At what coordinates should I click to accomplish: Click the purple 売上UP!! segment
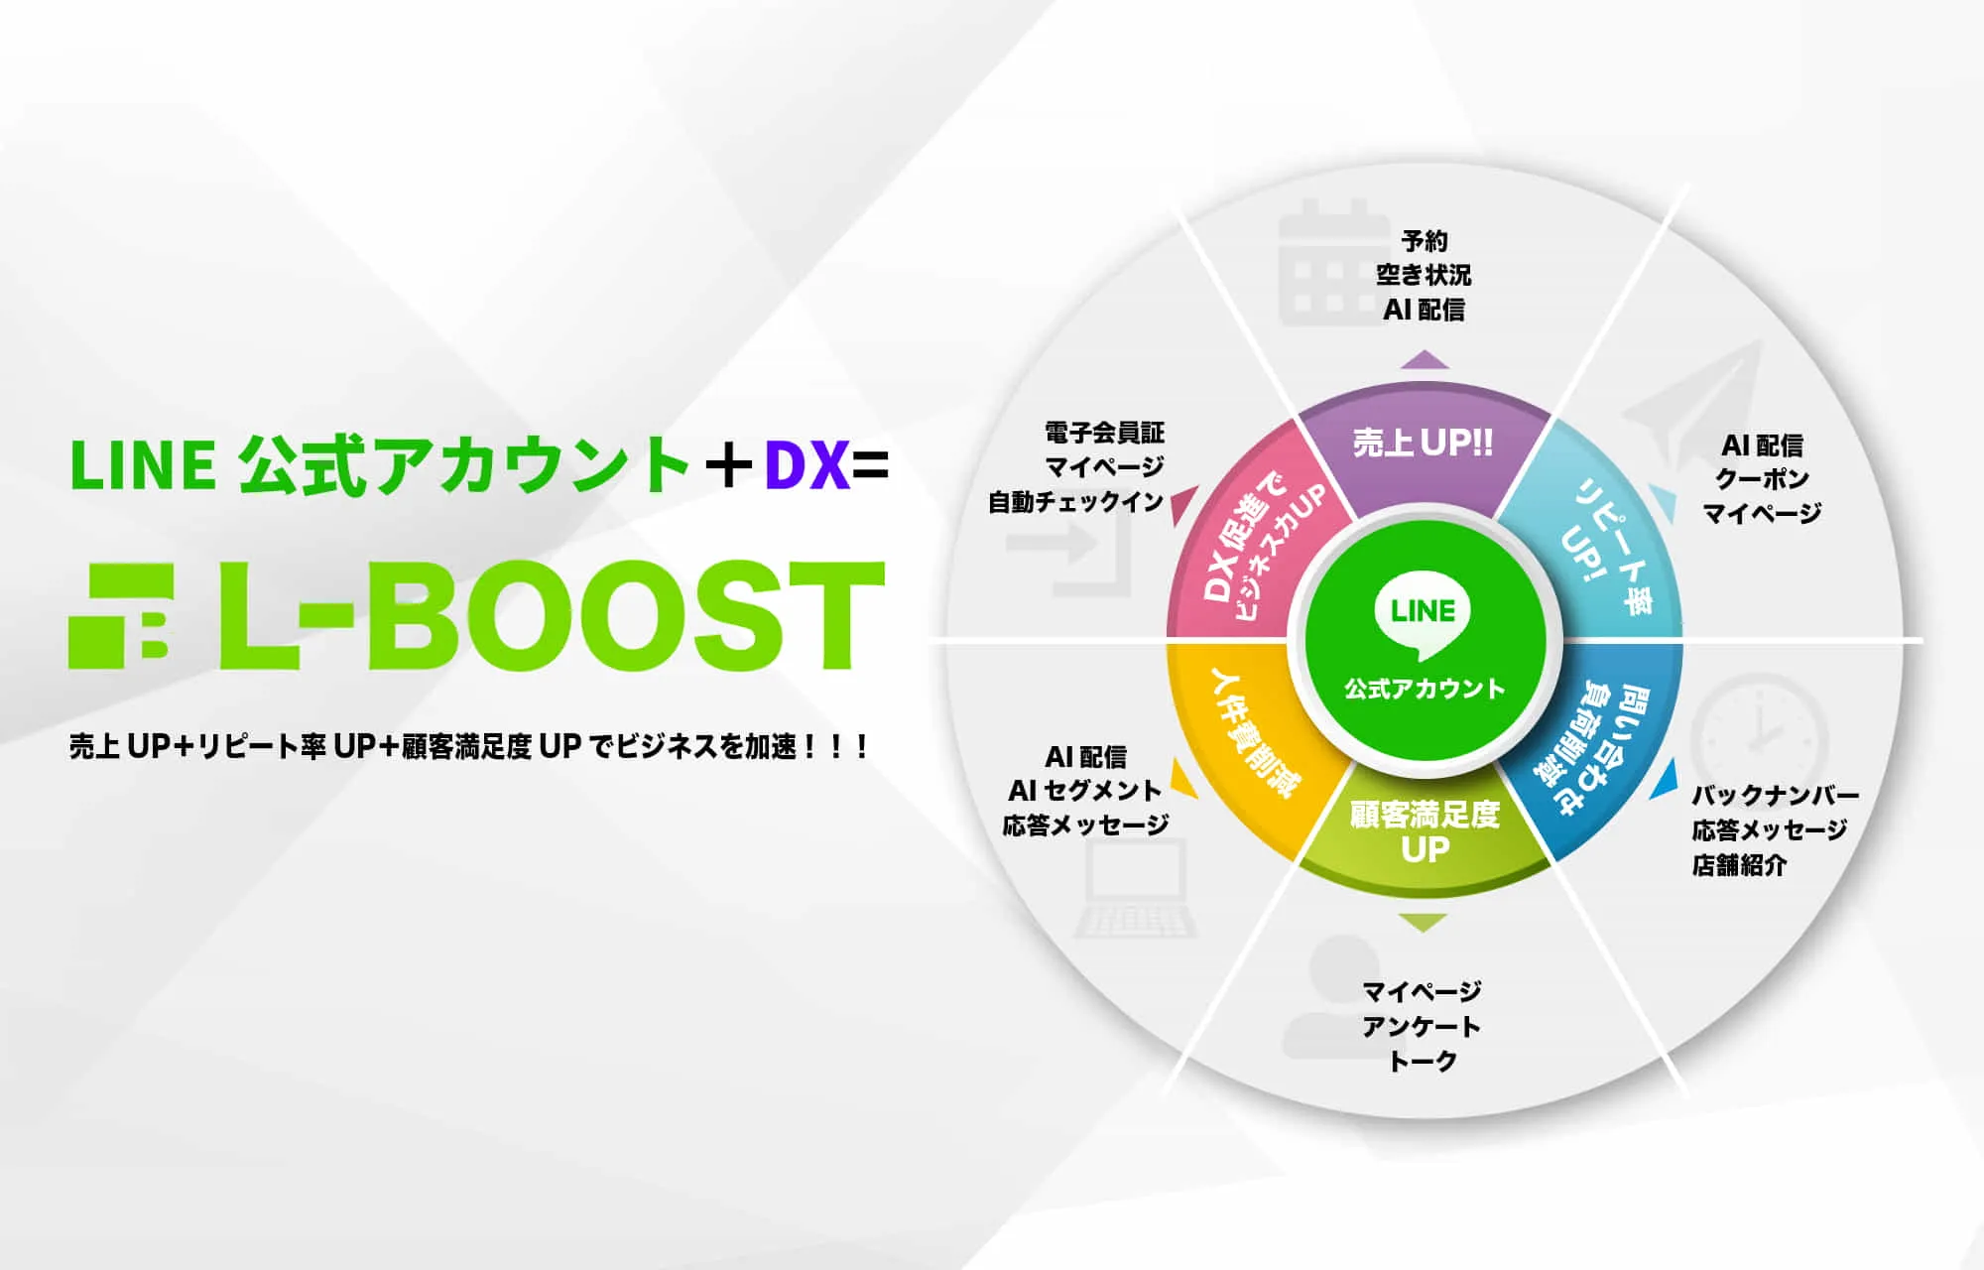coord(1424,446)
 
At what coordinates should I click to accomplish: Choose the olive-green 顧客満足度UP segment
coord(1425,833)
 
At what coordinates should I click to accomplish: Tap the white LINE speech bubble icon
coord(1424,615)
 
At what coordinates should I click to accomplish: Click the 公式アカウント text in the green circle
coord(1425,689)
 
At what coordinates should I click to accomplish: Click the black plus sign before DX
coord(728,466)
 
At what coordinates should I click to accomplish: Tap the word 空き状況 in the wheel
coord(1424,275)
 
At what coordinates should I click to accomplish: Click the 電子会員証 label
coord(1105,433)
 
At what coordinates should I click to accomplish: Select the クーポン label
coord(1763,479)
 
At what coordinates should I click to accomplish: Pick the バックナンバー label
coord(1776,795)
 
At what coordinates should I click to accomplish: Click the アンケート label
coord(1422,1026)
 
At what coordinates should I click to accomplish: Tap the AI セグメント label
coord(1084,791)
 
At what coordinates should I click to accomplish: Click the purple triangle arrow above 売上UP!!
coord(1425,359)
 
